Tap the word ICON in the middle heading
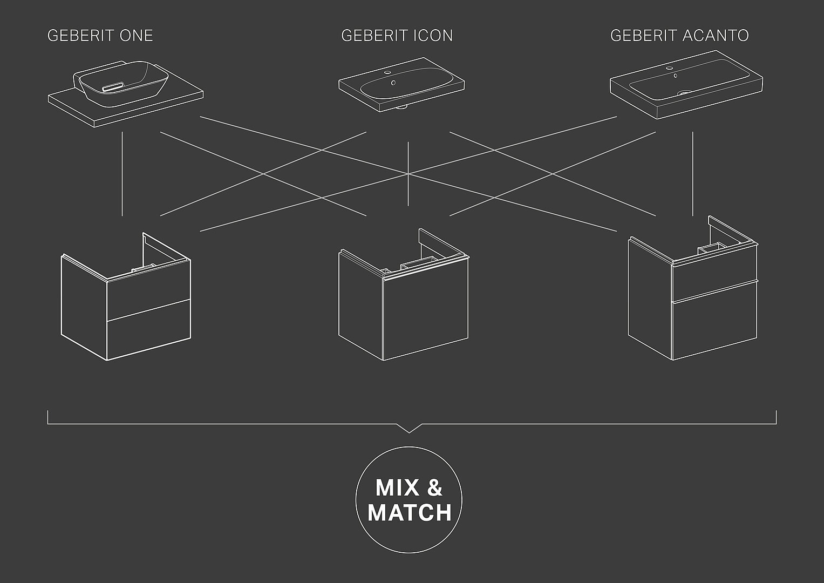point(433,36)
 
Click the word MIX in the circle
point(397,487)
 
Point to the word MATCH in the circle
point(409,512)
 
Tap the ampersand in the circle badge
point(434,487)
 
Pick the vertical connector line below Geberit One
point(122,173)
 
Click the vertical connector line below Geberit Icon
point(408,173)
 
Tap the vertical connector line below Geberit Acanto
point(693,173)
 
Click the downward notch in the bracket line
point(409,429)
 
